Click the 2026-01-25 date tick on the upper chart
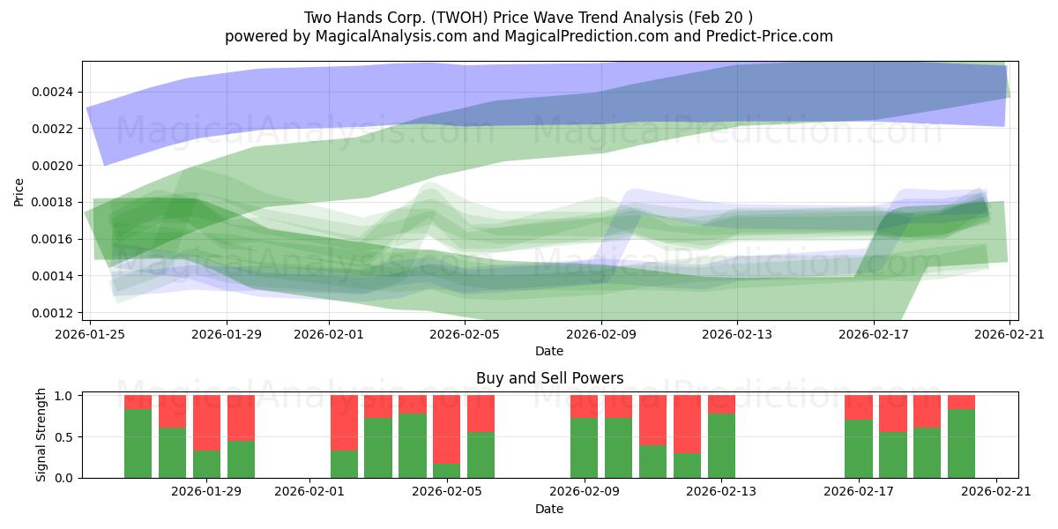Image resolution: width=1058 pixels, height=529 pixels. pos(90,334)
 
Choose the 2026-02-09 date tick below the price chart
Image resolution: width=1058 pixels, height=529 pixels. pos(602,334)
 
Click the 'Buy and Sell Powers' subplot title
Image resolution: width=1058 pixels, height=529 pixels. pos(549,378)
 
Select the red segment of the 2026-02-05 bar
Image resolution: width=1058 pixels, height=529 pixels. pos(446,428)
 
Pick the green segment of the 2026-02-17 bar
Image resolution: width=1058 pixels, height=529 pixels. pos(858,449)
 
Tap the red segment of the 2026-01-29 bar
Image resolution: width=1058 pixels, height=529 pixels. pos(206,422)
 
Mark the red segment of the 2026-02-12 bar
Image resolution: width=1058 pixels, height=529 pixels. pos(687,424)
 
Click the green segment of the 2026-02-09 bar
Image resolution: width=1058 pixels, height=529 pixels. pos(584,448)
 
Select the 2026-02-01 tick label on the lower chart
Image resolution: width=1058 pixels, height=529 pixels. pos(309,491)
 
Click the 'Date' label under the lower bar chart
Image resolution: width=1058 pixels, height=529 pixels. pos(549,509)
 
